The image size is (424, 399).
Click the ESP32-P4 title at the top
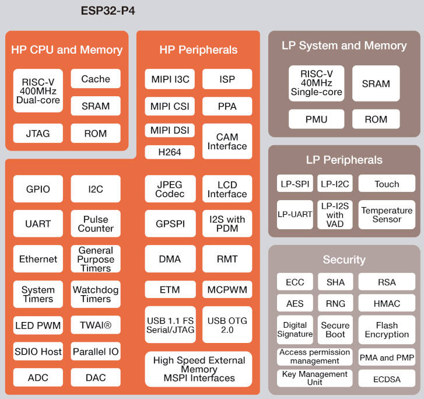click(x=108, y=10)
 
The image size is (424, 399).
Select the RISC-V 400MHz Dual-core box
click(x=38, y=91)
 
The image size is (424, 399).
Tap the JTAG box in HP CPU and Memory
click(x=38, y=134)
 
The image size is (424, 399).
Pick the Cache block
click(x=96, y=79)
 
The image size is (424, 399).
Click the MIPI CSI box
click(x=170, y=106)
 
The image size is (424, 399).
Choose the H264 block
click(x=170, y=152)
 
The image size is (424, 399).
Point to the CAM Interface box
click(x=227, y=141)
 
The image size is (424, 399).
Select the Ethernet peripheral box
click(x=38, y=259)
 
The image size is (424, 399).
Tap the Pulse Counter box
click(x=96, y=224)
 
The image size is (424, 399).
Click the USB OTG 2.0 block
click(x=227, y=325)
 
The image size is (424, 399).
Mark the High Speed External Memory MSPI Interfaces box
click(x=198, y=369)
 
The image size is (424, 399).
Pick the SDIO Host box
click(x=38, y=352)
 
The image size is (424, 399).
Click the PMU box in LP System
click(x=316, y=120)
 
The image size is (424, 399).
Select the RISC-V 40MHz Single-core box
click(x=316, y=83)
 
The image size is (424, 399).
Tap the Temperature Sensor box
click(x=387, y=215)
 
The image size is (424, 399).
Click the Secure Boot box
click(x=335, y=330)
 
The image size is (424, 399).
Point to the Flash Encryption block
click(x=387, y=330)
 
